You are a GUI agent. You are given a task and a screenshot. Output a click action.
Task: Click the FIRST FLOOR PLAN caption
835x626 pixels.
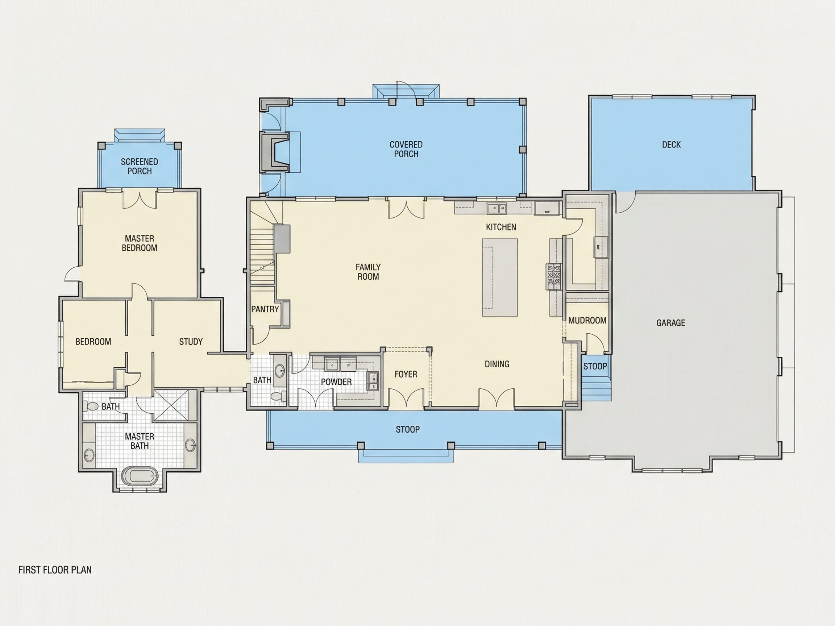55,570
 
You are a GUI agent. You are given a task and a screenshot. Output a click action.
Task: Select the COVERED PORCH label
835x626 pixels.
406,149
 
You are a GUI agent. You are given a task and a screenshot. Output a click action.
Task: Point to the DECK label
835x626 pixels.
671,145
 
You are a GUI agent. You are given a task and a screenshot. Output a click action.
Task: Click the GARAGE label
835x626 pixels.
670,323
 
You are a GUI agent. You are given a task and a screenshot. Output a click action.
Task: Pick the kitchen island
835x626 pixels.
499,277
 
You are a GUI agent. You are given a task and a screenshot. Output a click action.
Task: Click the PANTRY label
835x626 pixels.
265,309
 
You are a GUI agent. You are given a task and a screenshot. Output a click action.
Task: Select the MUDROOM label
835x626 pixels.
587,320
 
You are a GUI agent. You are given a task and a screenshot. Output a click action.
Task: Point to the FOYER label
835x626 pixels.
406,374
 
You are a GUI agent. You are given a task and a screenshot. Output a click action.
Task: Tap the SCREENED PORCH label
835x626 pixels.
139,166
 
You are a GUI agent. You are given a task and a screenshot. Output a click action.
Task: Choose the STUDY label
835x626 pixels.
191,342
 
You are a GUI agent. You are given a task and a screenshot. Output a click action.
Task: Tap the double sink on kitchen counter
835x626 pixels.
497,208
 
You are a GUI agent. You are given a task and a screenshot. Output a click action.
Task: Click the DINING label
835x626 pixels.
497,364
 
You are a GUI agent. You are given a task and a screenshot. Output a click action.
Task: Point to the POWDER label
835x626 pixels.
336,382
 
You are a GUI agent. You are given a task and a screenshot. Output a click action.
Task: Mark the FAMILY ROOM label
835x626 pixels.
368,272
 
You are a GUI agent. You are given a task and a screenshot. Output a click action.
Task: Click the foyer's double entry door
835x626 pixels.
406,399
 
